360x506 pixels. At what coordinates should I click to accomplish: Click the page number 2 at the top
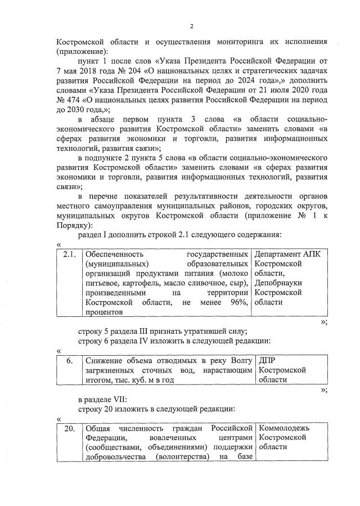pos(191,26)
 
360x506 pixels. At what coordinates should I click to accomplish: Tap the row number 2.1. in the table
pos(70,255)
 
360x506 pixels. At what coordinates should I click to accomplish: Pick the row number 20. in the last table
pos(70,428)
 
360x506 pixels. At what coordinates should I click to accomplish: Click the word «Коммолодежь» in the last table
pos(286,428)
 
